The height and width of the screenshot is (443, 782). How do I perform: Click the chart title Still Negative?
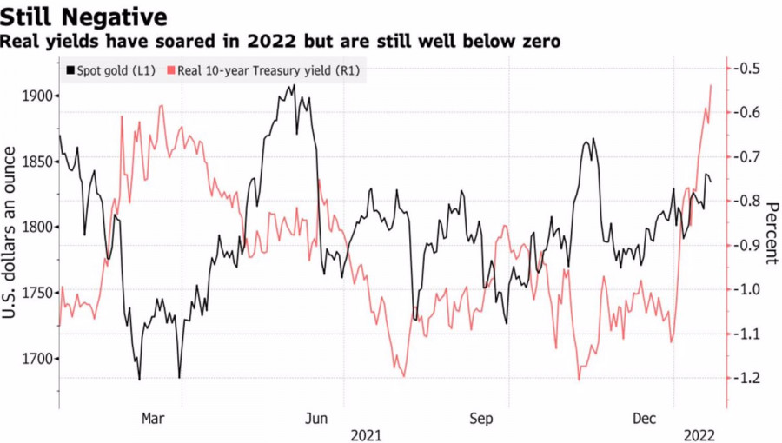(84, 17)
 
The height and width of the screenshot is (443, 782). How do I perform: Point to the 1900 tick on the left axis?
(36, 96)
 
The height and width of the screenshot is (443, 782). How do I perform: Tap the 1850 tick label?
(36, 162)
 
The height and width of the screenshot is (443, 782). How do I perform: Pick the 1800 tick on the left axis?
(36, 227)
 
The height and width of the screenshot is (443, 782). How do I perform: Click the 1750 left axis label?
(36, 293)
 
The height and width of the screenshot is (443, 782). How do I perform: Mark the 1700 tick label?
(36, 359)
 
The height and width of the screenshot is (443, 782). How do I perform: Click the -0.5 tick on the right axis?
(748, 69)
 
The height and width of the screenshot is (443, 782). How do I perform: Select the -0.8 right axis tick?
(748, 201)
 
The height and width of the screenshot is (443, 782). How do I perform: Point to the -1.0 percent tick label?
(748, 289)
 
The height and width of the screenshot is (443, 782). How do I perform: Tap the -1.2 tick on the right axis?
(748, 378)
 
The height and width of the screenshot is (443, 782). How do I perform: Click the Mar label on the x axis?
(152, 419)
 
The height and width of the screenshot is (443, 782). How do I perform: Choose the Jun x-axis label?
(316, 419)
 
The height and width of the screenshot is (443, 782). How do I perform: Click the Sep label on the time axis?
(481, 419)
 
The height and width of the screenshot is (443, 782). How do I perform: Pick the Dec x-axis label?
(644, 419)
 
